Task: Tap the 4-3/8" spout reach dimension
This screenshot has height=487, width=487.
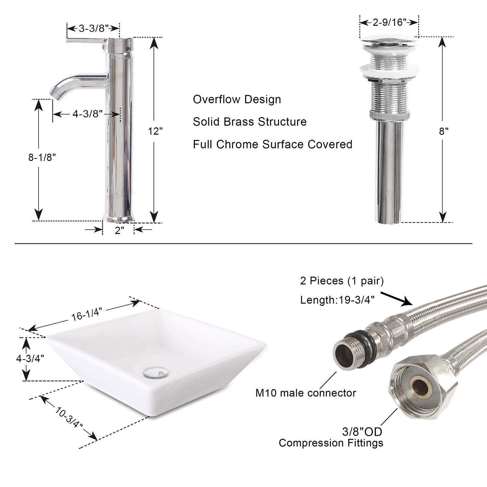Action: pyautogui.click(x=87, y=114)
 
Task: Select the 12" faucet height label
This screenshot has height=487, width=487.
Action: pyautogui.click(x=155, y=131)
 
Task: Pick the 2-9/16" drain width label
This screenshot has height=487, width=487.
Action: pyautogui.click(x=389, y=22)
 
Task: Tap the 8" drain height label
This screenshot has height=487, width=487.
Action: pyautogui.click(x=444, y=131)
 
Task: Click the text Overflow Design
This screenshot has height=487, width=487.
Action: pyautogui.click(x=237, y=99)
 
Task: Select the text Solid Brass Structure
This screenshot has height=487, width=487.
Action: pyautogui.click(x=250, y=122)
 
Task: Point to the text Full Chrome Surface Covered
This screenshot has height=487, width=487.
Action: pyautogui.click(x=272, y=144)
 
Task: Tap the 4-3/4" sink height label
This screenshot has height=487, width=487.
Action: pyautogui.click(x=30, y=358)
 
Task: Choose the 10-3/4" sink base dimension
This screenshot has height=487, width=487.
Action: pyautogui.click(x=69, y=418)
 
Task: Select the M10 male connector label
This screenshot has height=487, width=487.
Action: pyautogui.click(x=306, y=393)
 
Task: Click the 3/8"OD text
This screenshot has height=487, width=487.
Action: pyautogui.click(x=362, y=432)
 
